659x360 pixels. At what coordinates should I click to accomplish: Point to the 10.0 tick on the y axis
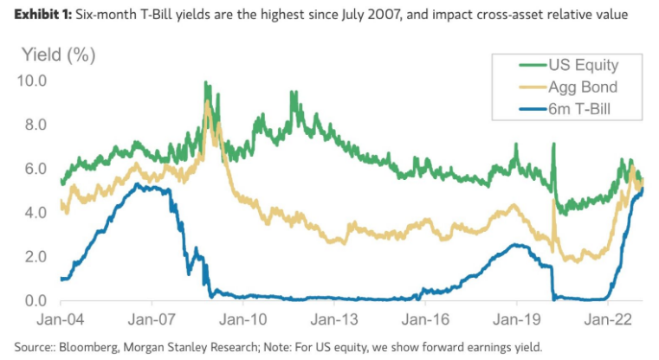pyautogui.click(x=31, y=80)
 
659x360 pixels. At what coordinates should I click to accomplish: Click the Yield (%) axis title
pyautogui.click(x=58, y=55)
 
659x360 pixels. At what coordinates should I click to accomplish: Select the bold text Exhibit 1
pyautogui.click(x=42, y=16)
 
